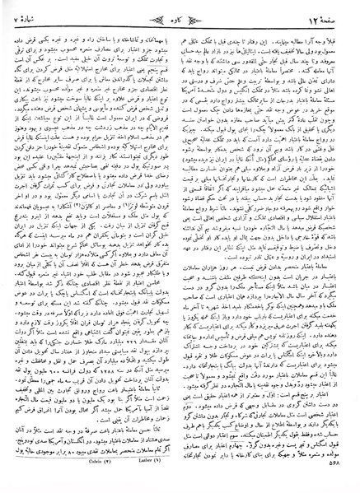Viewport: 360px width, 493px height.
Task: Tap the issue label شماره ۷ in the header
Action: pyautogui.click(x=40, y=16)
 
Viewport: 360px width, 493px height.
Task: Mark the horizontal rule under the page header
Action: pyautogui.click(x=180, y=27)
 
